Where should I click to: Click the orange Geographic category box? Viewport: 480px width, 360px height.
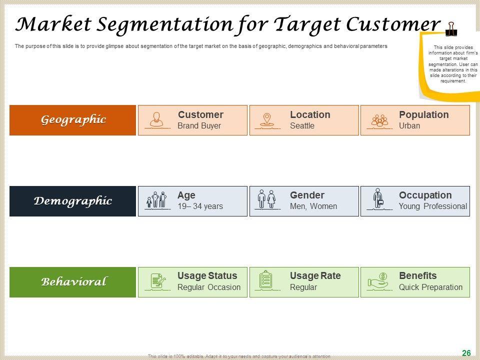point(72,120)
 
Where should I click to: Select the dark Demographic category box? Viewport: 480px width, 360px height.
point(72,201)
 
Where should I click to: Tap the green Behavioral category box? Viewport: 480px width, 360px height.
point(72,282)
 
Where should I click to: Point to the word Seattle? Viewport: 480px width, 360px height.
point(302,126)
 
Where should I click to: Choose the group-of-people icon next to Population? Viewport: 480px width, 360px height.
point(379,120)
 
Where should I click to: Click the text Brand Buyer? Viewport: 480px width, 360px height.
point(199,126)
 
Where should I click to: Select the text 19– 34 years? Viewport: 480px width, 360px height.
point(200,206)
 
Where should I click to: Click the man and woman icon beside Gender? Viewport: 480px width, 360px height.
point(266,199)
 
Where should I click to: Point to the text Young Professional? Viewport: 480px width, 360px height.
point(432,206)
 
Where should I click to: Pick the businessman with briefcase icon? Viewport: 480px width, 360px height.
point(378,199)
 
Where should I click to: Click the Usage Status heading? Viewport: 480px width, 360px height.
point(207,276)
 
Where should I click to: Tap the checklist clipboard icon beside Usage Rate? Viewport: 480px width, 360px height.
point(266,280)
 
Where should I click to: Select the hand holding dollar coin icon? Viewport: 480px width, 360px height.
point(379,280)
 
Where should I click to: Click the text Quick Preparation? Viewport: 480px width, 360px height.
point(430,287)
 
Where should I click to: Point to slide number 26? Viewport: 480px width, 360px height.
point(466,353)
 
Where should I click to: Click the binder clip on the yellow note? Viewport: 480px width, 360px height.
point(451,29)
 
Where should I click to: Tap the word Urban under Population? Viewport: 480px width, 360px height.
point(409,126)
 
